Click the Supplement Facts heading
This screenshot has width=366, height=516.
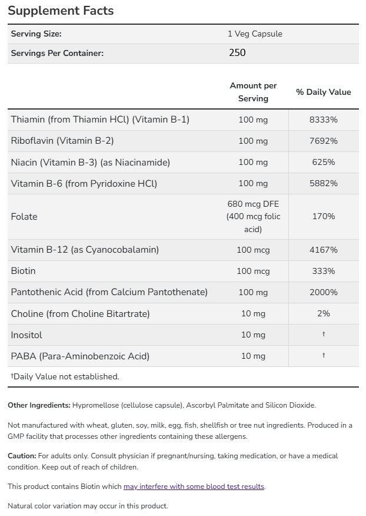point(61,11)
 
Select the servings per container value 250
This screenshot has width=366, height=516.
point(237,52)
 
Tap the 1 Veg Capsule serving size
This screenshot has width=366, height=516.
point(255,34)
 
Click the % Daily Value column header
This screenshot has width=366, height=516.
point(323,92)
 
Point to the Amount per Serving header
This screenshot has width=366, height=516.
point(253,92)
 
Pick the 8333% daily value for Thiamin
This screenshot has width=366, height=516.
point(323,120)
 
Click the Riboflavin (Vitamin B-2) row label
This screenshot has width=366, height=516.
point(62,141)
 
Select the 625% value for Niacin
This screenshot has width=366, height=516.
point(323,162)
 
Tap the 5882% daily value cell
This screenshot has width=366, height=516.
point(323,183)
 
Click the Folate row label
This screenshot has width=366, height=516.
point(24,216)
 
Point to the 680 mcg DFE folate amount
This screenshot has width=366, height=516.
point(253,204)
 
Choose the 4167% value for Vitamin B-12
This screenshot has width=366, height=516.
point(323,250)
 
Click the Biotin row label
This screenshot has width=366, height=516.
point(24,271)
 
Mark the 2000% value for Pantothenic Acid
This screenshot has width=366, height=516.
point(323,292)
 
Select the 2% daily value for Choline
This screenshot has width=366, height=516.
point(323,313)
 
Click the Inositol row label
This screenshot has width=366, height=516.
point(26,335)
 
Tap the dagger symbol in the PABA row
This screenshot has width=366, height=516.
point(323,356)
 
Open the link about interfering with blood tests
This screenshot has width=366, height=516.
point(194,487)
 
